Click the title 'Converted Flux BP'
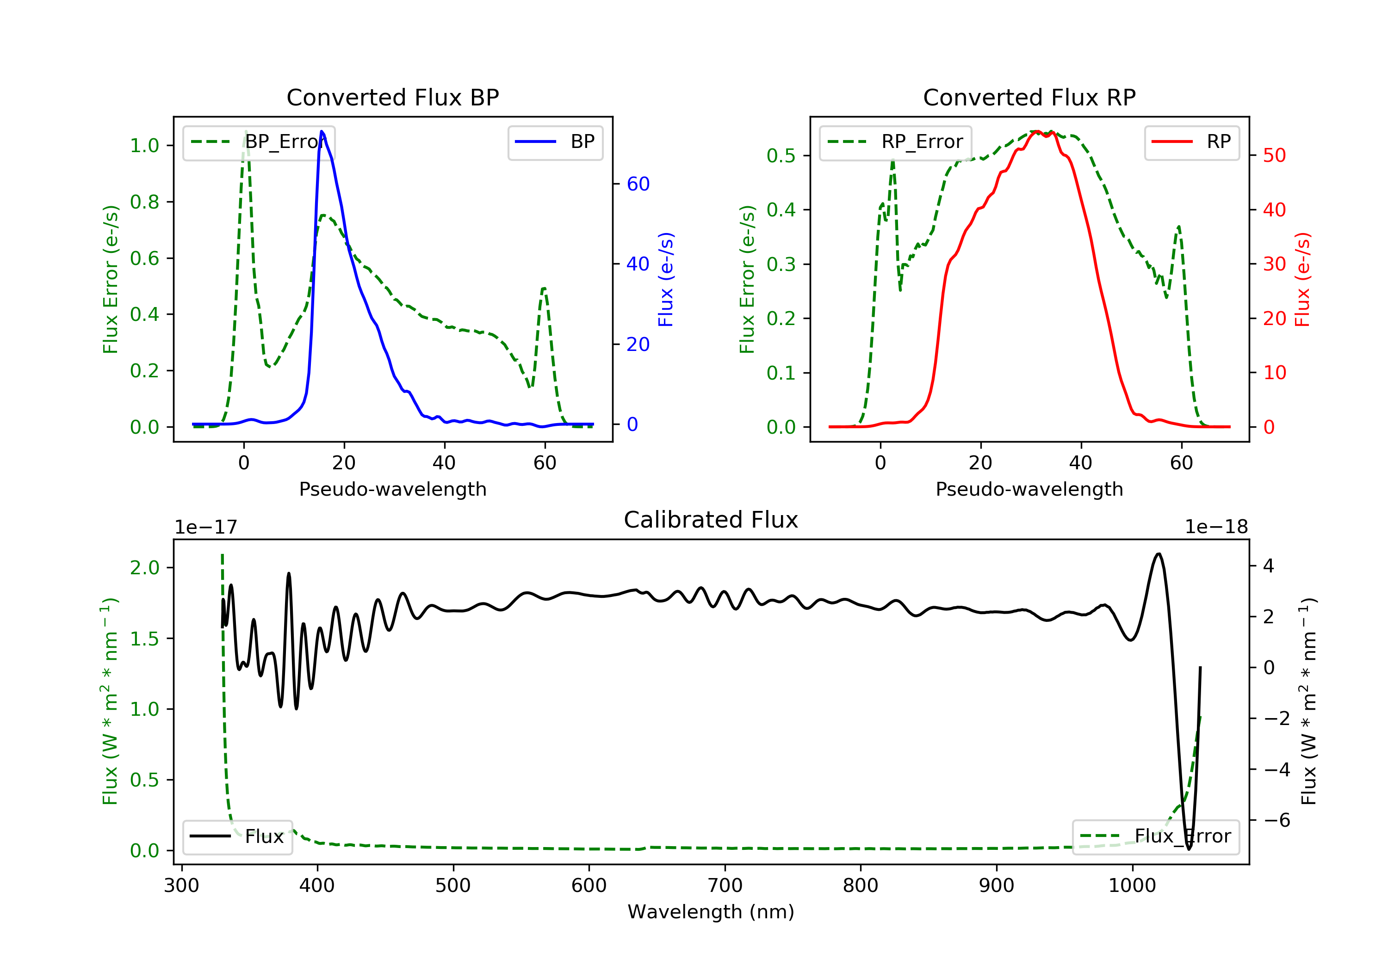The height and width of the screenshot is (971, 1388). [392, 97]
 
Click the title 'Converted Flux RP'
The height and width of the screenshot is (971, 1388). [1029, 97]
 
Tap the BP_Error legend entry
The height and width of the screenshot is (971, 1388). [259, 142]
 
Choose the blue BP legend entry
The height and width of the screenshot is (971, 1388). [555, 142]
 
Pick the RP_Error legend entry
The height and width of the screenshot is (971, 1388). [895, 142]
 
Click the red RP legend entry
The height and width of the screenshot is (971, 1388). [1191, 142]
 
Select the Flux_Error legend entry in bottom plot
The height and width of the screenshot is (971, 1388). [1155, 836]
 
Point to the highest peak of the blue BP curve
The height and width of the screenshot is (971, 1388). [322, 132]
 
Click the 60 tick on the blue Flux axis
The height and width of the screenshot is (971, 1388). [638, 184]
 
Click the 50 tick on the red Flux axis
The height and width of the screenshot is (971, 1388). [1274, 156]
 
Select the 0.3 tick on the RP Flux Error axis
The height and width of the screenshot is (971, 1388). [781, 264]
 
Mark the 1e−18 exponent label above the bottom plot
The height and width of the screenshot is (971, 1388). [1216, 527]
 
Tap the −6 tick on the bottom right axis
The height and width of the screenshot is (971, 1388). [1276, 820]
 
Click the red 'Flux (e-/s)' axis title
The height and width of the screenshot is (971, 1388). [1302, 279]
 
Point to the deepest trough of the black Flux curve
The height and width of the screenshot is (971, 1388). [1189, 849]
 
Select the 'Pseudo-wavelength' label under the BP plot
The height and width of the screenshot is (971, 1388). [392, 489]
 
